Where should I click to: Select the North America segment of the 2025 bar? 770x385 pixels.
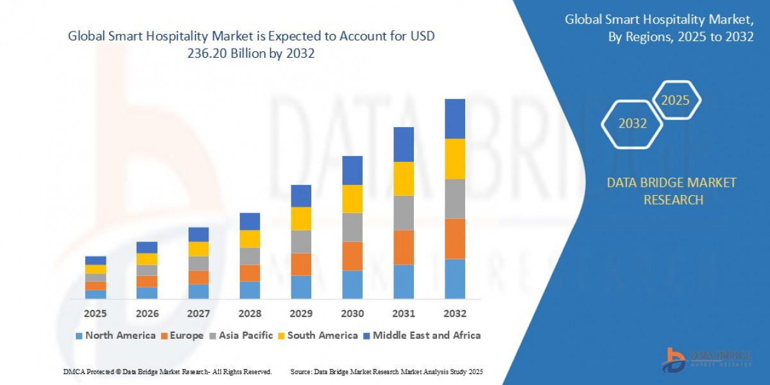click(96, 295)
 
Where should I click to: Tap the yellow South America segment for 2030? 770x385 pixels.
click(352, 199)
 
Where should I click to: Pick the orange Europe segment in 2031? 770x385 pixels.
click(404, 248)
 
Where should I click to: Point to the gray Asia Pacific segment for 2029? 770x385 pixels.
click(301, 242)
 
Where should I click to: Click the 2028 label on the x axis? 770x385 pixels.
click(250, 314)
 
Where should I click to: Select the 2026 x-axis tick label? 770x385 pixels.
click(147, 314)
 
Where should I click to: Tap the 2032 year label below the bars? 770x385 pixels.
click(454, 314)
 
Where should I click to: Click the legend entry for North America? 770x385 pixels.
click(116, 335)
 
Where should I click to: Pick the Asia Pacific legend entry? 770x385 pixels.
click(241, 335)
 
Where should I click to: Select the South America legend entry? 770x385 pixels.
click(318, 335)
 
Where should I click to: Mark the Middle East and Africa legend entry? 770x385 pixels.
click(421, 335)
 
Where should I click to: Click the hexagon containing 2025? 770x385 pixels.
click(675, 100)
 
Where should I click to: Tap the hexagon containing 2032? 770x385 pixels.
click(633, 124)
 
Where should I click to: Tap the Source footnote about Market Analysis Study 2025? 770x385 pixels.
click(386, 372)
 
